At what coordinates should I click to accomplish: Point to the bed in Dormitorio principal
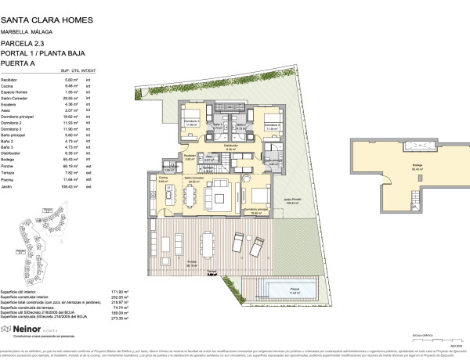(258, 194)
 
